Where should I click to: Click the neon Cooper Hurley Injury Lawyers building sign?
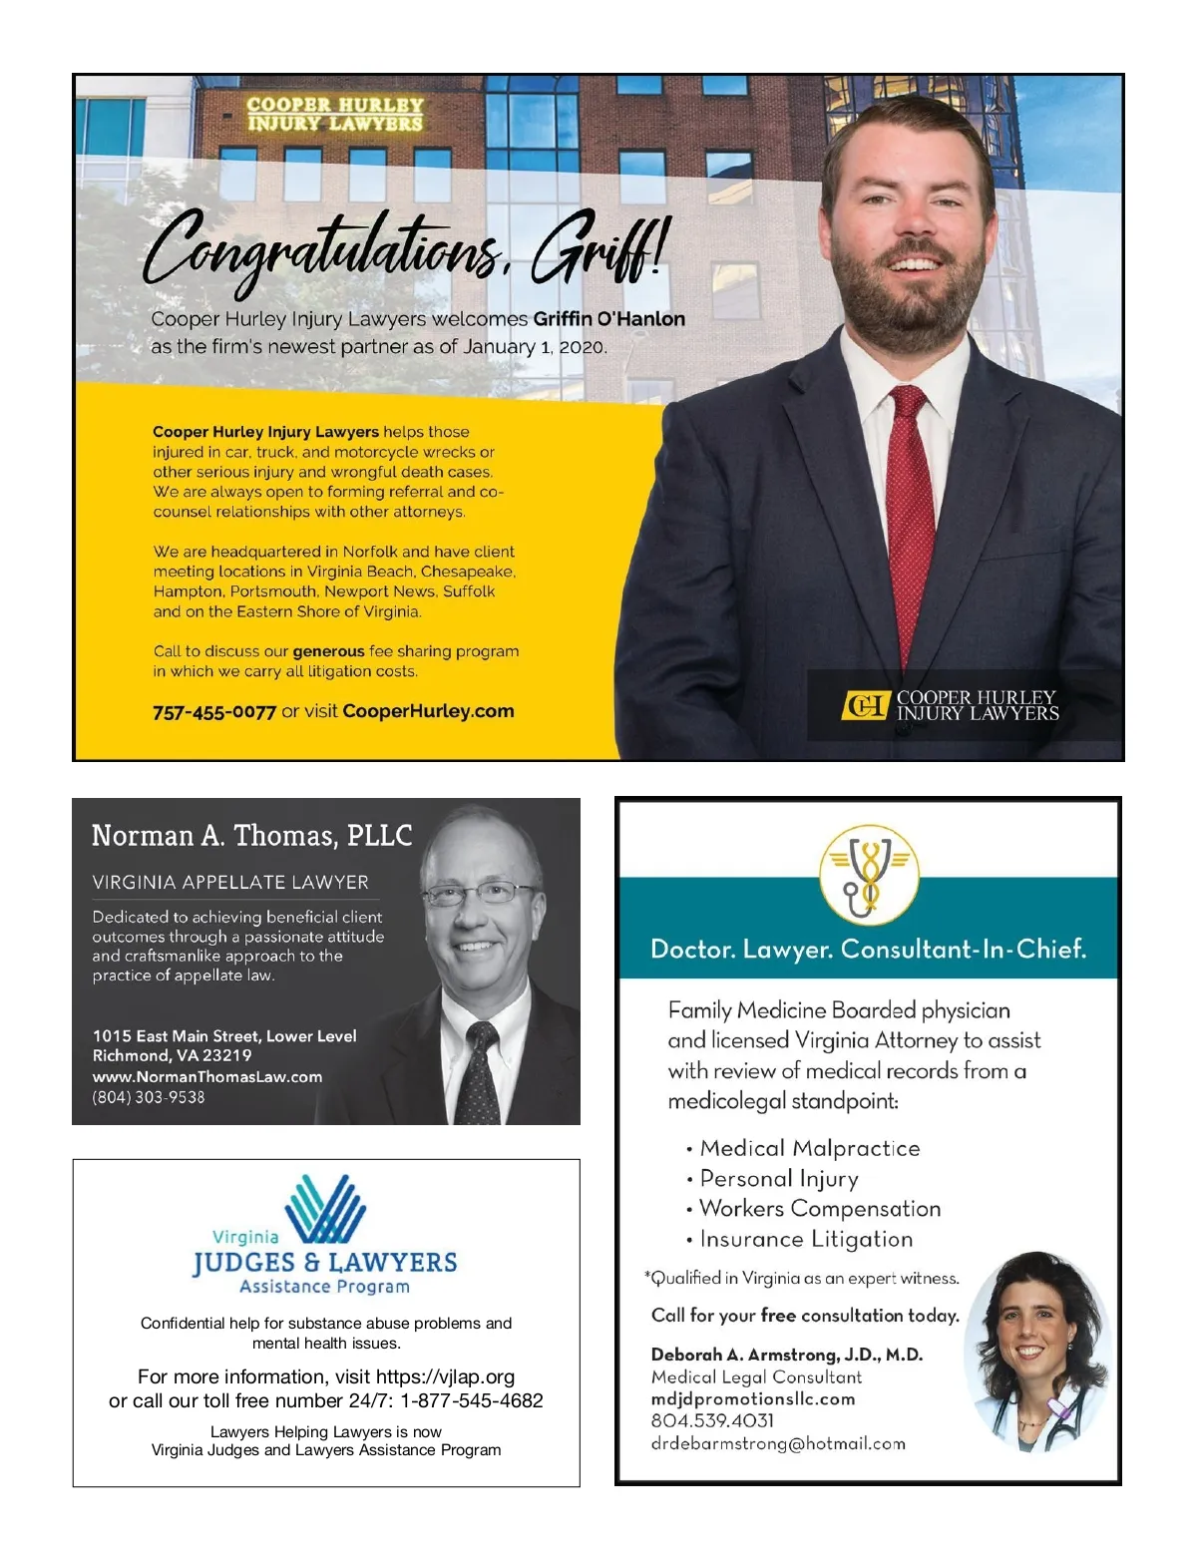[335, 114]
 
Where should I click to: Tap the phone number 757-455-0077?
[213, 712]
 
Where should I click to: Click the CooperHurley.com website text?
[428, 711]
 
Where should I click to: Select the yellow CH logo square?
[864, 706]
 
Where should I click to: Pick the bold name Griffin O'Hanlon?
[608, 319]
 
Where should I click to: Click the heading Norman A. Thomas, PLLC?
[251, 836]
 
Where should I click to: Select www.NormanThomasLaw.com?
[207, 1076]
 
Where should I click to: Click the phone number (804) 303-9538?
[149, 1097]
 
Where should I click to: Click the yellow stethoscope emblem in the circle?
[869, 875]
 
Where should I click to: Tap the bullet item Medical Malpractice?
[809, 1148]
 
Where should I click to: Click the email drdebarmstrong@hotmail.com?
[778, 1443]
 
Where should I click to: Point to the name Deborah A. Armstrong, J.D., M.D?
[787, 1355]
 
